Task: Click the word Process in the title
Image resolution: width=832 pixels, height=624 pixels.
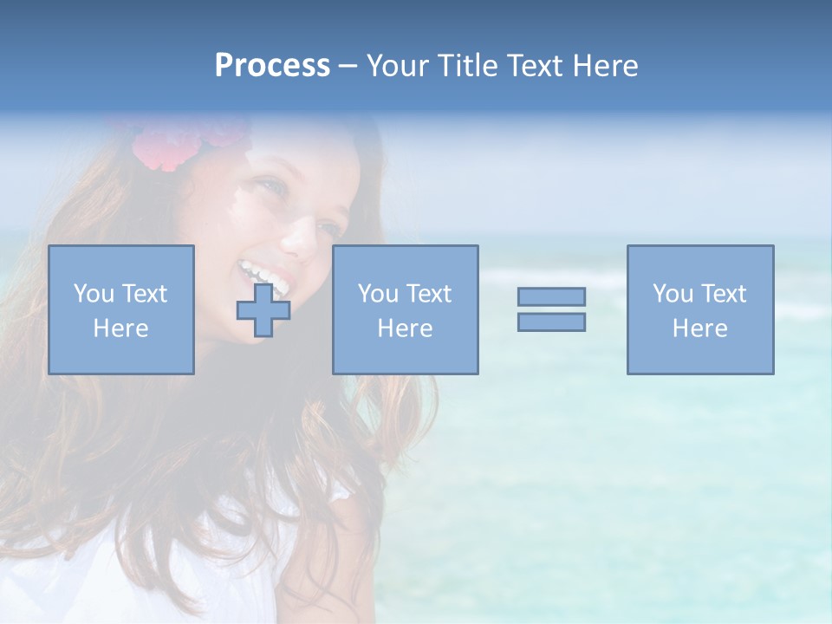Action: [272, 66]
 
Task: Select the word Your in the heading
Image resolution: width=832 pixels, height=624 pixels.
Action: [399, 66]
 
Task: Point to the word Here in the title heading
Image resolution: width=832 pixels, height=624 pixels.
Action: [606, 66]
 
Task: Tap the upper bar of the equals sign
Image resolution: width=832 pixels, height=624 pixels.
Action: [551, 296]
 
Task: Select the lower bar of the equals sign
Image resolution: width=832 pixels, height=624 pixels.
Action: [551, 322]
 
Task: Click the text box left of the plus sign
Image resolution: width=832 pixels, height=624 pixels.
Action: [120, 309]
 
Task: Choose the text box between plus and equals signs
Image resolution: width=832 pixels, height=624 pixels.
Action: [405, 309]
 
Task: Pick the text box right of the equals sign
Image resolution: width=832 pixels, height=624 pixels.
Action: [699, 309]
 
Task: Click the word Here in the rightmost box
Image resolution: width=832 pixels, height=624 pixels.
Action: [699, 328]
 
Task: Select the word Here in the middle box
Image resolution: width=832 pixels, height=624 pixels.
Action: [405, 328]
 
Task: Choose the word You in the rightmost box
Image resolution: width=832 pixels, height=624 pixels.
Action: [672, 294]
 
